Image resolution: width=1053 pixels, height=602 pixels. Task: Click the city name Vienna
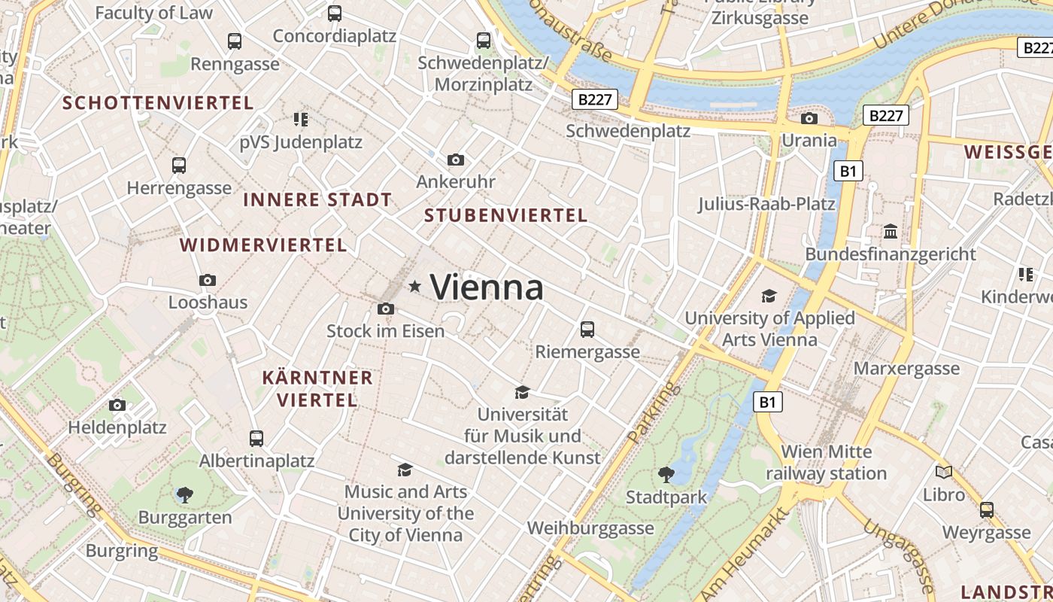point(487,287)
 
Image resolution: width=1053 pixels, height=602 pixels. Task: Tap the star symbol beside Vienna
point(414,286)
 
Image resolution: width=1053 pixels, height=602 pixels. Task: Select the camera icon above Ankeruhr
point(455,160)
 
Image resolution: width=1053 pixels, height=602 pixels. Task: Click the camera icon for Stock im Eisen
point(386,309)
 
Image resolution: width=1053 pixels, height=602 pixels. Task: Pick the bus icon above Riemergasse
point(587,329)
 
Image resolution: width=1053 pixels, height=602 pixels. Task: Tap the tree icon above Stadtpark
point(666,474)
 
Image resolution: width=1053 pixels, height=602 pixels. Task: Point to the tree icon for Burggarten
point(185,494)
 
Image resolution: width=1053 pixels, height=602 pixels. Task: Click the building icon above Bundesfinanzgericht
point(891,231)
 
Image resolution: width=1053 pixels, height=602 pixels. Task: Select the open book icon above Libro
point(944,472)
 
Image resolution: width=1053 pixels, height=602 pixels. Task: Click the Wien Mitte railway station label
point(827,463)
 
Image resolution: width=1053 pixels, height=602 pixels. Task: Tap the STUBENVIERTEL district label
point(505,215)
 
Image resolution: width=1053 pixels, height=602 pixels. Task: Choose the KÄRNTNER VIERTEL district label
point(317,388)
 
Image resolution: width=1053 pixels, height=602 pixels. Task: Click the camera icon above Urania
point(809,118)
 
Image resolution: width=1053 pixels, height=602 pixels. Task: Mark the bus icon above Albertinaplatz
point(256,438)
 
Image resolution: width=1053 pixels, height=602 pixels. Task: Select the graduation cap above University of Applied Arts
point(769,296)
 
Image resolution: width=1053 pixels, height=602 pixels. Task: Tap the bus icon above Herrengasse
point(179,165)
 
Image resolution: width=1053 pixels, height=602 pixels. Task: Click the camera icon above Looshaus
point(208,280)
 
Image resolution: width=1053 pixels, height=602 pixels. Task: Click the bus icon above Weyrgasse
point(987,509)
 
